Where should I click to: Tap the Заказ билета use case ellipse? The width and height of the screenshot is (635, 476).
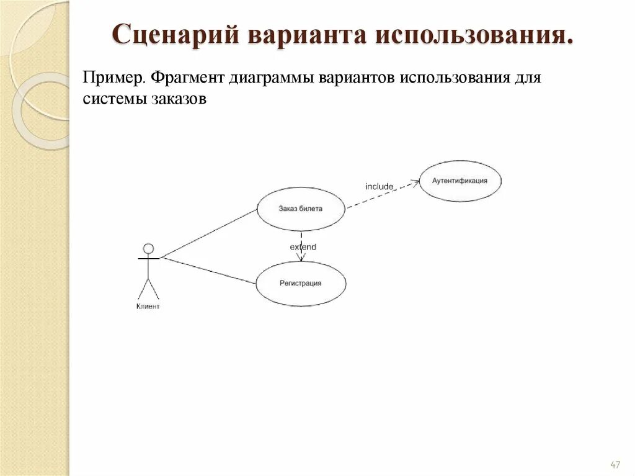click(x=301, y=209)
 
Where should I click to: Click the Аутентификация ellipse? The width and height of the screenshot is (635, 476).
click(x=460, y=181)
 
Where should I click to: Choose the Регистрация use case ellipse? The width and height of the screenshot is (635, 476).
click(x=301, y=284)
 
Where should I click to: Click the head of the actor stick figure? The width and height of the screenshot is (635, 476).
click(x=148, y=249)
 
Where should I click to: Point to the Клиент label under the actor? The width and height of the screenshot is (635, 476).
click(x=148, y=307)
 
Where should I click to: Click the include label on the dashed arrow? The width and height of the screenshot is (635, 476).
click(x=379, y=186)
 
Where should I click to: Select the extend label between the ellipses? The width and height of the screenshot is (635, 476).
click(x=303, y=247)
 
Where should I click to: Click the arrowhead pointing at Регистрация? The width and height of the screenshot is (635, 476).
click(x=301, y=258)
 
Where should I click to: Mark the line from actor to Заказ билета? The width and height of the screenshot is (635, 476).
click(x=208, y=233)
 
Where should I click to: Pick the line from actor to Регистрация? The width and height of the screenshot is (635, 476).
click(x=208, y=271)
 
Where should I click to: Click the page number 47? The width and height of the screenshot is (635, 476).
click(x=615, y=465)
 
